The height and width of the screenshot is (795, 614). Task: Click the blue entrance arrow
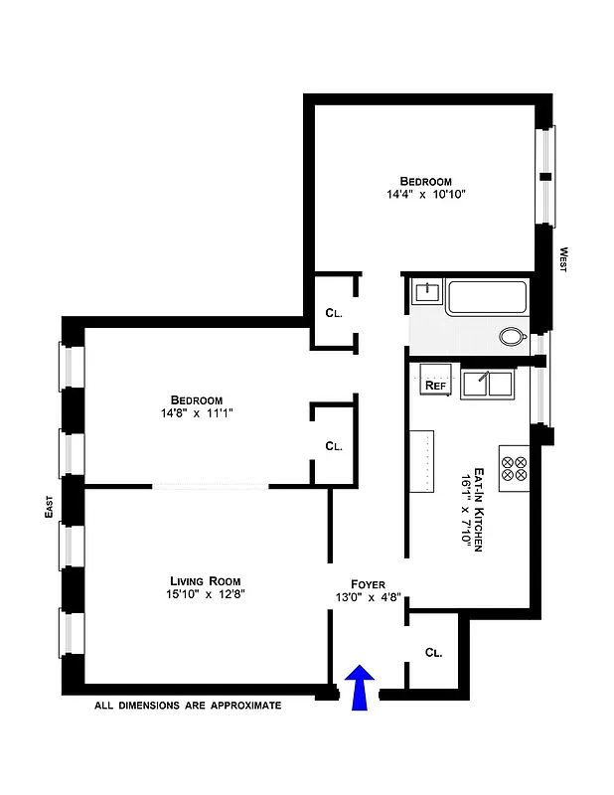click(x=361, y=689)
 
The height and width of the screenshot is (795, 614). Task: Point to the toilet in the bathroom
click(x=513, y=337)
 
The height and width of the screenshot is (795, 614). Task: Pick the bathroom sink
click(x=427, y=291)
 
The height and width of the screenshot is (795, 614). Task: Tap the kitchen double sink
click(x=487, y=384)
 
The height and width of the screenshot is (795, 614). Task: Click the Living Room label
click(x=206, y=580)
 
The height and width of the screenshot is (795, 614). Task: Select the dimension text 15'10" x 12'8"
click(x=206, y=594)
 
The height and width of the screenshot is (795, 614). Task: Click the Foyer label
click(x=368, y=584)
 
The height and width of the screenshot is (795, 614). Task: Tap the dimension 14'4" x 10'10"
click(x=426, y=195)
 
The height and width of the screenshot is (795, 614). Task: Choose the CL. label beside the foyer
click(x=433, y=653)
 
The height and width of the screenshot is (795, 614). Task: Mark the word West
click(x=562, y=260)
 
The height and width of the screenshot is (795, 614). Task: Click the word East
click(x=47, y=509)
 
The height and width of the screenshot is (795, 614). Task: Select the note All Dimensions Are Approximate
click(x=188, y=706)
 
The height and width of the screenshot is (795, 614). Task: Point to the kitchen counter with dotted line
click(x=424, y=460)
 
